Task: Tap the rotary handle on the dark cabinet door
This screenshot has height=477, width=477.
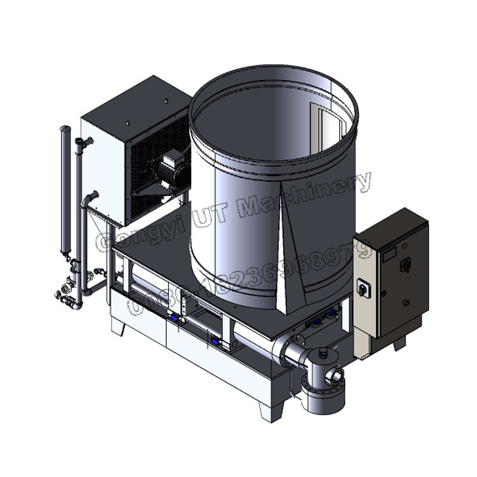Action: click(405, 263)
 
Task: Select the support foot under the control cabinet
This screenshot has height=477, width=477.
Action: click(399, 343)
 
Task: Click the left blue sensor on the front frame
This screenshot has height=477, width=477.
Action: click(174, 318)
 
